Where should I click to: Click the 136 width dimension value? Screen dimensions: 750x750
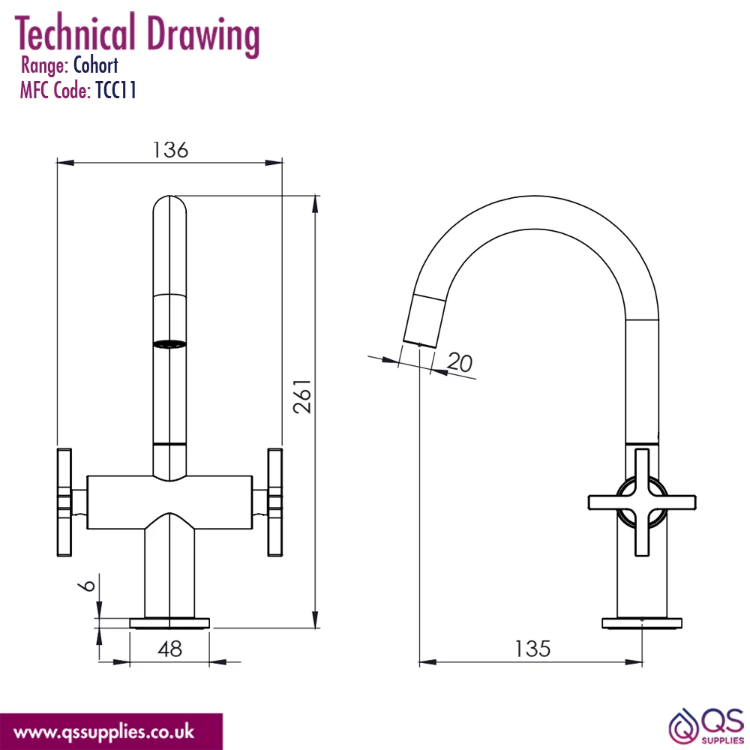coord(170,150)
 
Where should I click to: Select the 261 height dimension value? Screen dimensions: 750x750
coord(302,397)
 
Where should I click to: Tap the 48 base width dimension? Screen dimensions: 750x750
coord(169,649)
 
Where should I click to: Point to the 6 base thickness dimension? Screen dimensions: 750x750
coord(87,585)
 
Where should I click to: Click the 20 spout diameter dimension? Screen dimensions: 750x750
coord(460,362)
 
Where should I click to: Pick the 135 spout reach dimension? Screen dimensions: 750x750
coord(532,649)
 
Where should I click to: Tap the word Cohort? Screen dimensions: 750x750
coord(96,65)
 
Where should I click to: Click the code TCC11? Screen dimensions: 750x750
coord(116,90)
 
